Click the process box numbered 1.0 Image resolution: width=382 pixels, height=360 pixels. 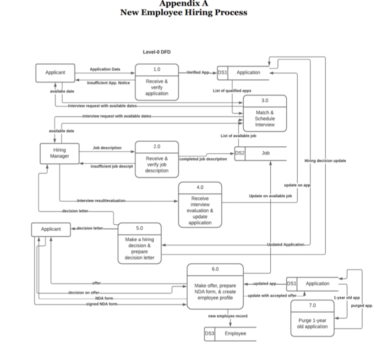[x=156, y=83]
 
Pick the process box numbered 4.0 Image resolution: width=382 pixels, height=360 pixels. [x=200, y=205]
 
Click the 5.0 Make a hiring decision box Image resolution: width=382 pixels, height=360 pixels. [x=139, y=244]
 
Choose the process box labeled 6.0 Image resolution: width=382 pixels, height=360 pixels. [x=215, y=288]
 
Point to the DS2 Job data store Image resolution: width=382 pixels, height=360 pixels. [x=260, y=153]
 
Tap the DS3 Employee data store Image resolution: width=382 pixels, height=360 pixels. [x=229, y=333]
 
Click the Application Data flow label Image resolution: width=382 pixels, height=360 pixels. [x=105, y=69]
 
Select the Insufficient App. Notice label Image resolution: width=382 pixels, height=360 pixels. [x=108, y=83]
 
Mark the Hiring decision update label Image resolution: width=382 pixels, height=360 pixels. [x=325, y=161]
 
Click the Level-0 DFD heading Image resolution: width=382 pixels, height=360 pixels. [x=156, y=52]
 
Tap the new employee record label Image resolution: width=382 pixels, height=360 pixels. [x=228, y=316]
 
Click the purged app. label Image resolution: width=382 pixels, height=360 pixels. [x=361, y=305]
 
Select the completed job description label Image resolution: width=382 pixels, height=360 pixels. [x=202, y=159]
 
